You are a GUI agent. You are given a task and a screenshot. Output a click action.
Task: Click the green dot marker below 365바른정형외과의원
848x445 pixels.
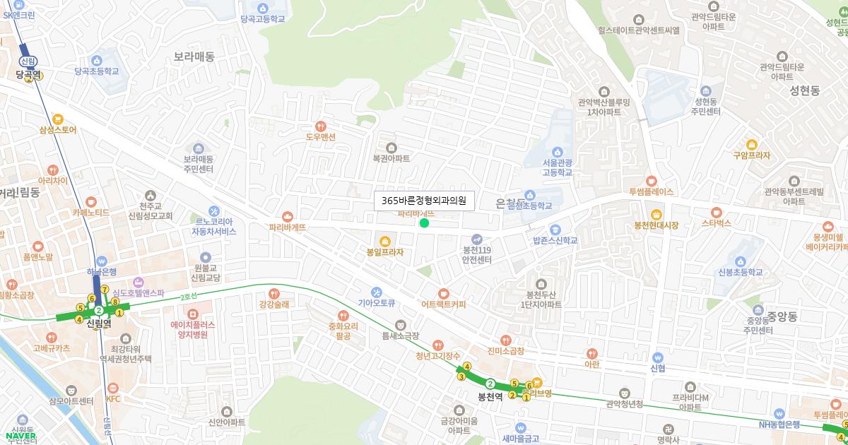(x=424, y=223)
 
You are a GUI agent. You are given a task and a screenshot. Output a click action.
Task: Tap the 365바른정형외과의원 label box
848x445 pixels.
(x=424, y=201)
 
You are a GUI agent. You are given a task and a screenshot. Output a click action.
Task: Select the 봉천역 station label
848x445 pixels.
(x=490, y=396)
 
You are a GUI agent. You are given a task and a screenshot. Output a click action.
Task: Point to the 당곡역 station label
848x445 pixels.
(x=29, y=73)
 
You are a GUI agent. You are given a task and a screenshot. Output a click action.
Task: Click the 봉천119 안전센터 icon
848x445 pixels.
(x=477, y=239)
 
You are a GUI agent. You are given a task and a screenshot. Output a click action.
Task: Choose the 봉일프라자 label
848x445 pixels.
(x=385, y=251)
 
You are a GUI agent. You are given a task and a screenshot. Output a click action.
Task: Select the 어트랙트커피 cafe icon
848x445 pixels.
(x=443, y=293)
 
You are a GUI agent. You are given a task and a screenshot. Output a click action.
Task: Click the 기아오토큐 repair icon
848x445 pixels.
(x=376, y=292)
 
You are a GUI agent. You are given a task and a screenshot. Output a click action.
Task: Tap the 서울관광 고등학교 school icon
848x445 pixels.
(x=557, y=152)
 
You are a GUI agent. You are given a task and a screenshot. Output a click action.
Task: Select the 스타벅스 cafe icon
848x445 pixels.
(x=716, y=212)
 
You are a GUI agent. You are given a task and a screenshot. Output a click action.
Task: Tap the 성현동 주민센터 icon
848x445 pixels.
(x=705, y=91)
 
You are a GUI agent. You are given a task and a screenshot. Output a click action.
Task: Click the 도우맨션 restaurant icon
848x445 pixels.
(x=321, y=125)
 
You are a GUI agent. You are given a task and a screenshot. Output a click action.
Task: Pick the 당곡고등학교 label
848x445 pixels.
(x=262, y=19)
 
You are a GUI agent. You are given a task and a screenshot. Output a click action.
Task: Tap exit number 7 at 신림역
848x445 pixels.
(x=104, y=289)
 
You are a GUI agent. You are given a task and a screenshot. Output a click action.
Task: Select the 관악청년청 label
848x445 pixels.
(x=625, y=404)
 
